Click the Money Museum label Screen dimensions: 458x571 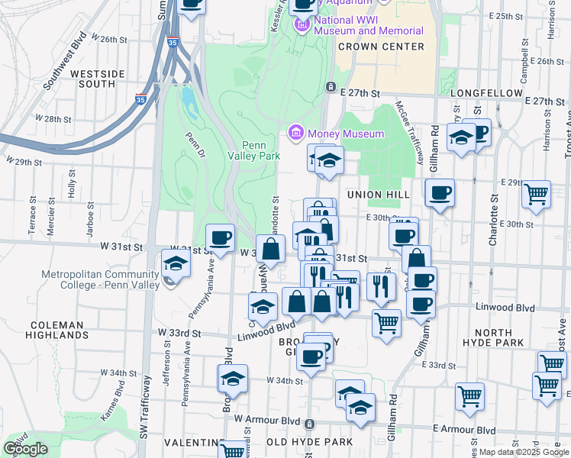[346, 134]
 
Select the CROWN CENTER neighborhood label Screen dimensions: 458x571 [381, 47]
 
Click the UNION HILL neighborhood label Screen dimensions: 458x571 [379, 195]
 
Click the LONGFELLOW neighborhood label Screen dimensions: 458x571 [486, 92]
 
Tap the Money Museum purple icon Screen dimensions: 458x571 [296, 134]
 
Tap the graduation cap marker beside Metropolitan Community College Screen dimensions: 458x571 [176, 264]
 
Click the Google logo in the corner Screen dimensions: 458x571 [25, 449]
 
